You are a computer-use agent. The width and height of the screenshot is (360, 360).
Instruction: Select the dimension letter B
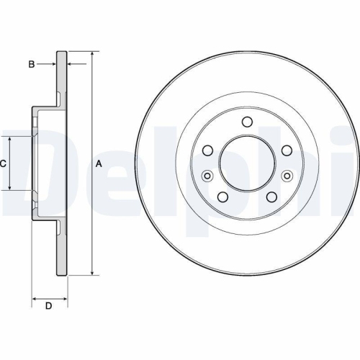click(31, 65)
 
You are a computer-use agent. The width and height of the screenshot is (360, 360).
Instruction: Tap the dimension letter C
click(3, 163)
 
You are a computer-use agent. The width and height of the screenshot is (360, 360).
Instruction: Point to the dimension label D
click(49, 307)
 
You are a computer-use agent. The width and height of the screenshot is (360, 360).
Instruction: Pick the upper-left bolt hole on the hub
click(208, 150)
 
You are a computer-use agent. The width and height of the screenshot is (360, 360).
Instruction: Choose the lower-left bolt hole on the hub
click(222, 197)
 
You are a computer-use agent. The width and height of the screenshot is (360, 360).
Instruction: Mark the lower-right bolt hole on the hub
click(271, 197)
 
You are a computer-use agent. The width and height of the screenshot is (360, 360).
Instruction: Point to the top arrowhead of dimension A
click(92, 55)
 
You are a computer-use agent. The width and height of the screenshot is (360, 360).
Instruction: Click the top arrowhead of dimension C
click(10, 139)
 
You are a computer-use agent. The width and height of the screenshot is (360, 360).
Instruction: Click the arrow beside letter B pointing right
click(51, 65)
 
